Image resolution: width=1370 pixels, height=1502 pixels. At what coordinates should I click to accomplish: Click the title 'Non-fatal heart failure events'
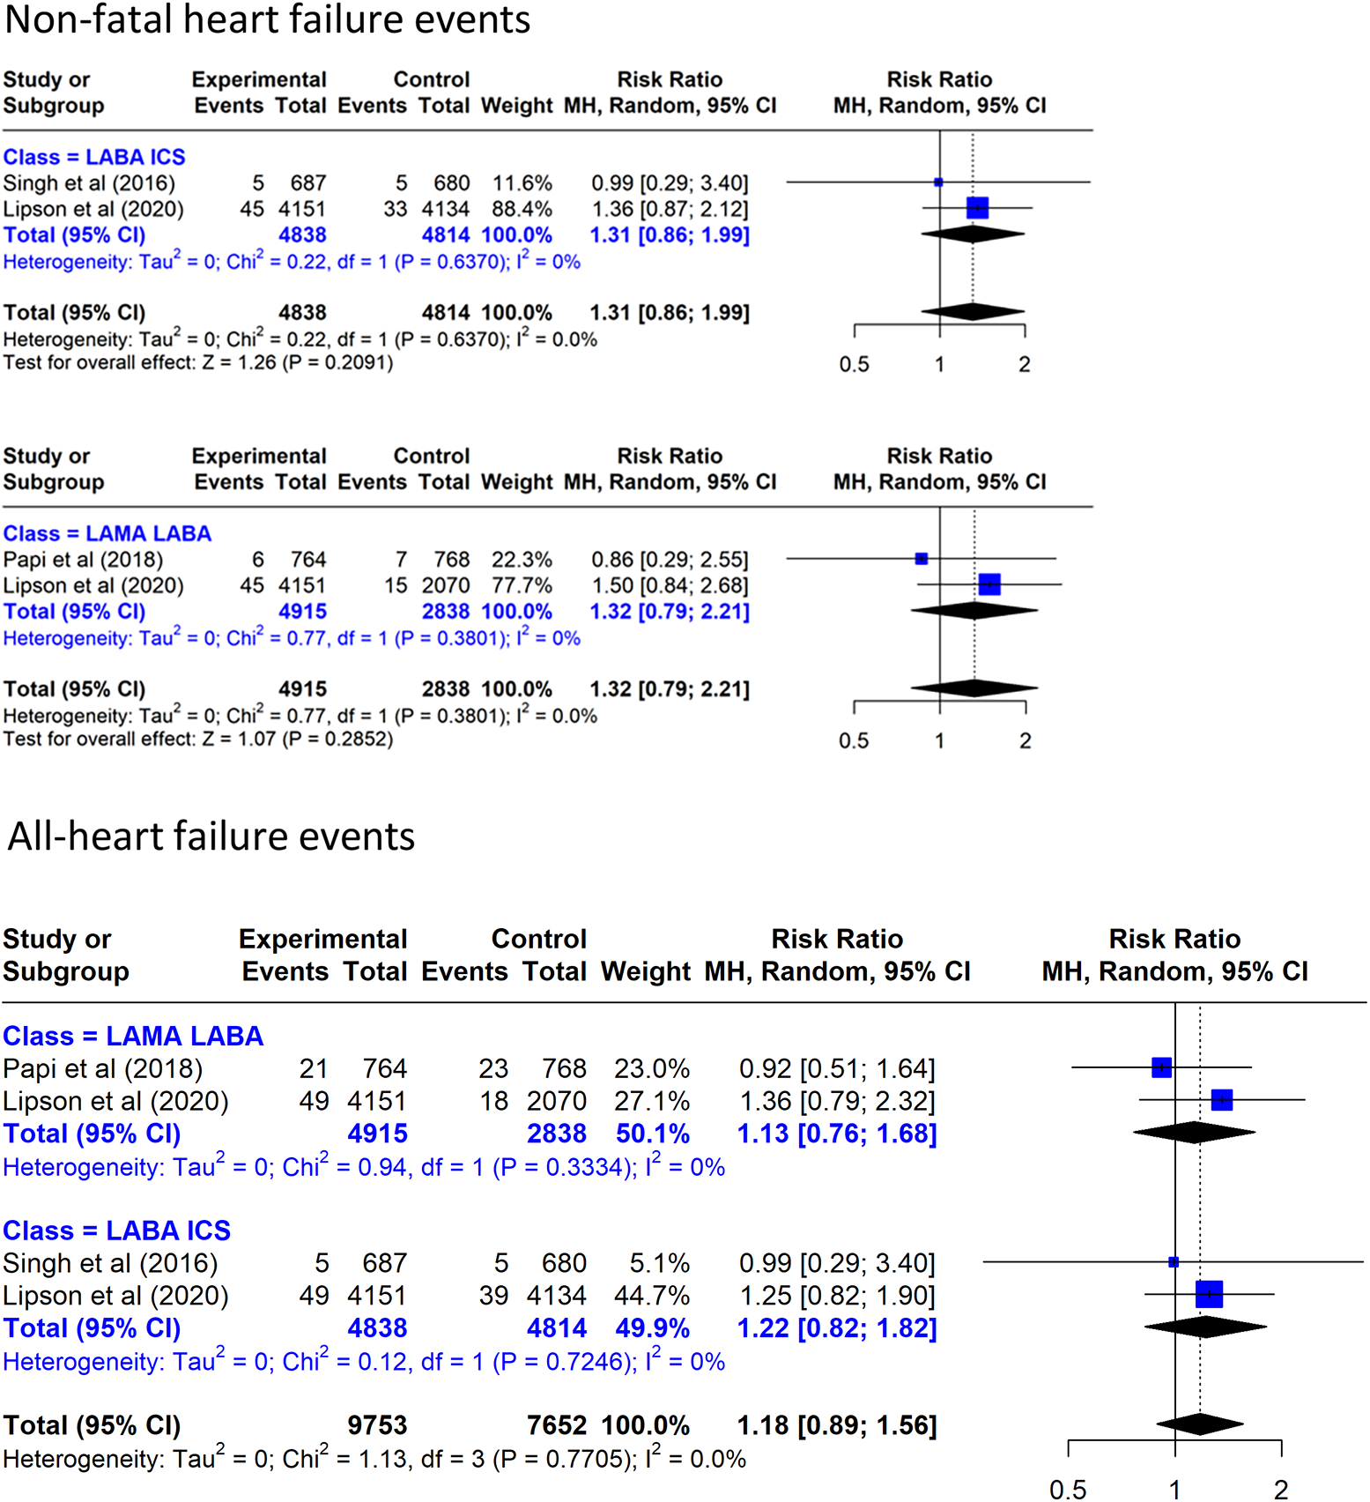tap(267, 19)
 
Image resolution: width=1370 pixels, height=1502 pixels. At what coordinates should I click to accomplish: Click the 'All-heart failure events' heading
tap(211, 836)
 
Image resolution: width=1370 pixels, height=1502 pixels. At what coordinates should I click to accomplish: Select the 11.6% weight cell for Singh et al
tap(522, 183)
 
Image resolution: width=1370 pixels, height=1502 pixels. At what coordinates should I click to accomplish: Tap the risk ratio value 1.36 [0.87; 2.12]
tap(670, 210)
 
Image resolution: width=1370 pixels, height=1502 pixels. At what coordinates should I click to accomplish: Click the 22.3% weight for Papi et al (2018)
tap(522, 560)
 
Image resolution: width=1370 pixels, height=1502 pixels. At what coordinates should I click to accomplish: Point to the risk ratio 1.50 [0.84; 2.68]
tap(670, 586)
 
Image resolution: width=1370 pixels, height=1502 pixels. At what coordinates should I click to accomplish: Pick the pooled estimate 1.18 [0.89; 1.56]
tap(836, 1425)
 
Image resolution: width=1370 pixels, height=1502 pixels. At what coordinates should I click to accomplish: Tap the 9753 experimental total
tap(377, 1425)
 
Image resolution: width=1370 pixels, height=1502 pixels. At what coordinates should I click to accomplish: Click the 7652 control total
tap(556, 1425)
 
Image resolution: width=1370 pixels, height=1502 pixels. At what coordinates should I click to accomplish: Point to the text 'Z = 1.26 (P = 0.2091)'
tap(298, 363)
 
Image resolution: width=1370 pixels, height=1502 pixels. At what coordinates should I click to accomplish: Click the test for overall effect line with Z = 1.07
tap(198, 740)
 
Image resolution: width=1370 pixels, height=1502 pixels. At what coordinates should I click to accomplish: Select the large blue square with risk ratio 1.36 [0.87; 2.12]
tap(977, 208)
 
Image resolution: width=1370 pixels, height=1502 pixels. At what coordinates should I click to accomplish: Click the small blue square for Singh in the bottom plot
tap(1173, 1262)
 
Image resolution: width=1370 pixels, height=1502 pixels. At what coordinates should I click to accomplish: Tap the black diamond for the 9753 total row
tap(1199, 1424)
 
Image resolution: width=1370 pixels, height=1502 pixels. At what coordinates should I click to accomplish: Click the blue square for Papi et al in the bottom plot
tap(1161, 1067)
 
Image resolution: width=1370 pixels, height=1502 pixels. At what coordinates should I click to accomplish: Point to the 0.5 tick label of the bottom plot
tap(1068, 1490)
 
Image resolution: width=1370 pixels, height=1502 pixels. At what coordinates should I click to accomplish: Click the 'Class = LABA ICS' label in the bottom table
tap(116, 1231)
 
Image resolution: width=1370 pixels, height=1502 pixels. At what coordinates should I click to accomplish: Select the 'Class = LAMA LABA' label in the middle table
tap(107, 534)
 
